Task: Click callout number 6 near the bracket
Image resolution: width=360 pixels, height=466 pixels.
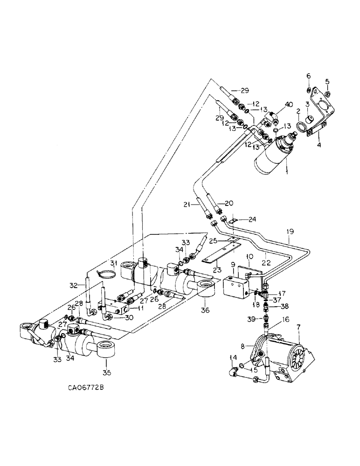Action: point(308,76)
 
